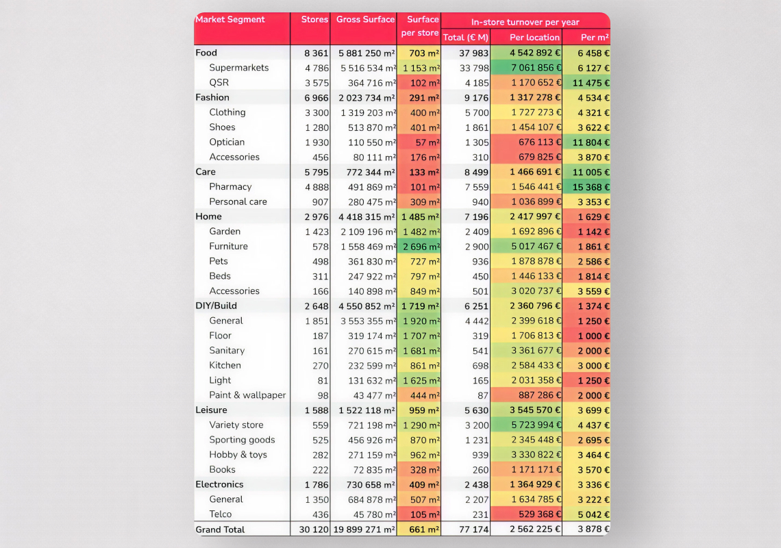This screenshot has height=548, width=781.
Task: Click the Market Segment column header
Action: pyautogui.click(x=230, y=19)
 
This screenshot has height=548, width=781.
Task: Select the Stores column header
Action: pyautogui.click(x=314, y=19)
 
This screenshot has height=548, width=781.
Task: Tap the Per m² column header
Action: pyautogui.click(x=595, y=38)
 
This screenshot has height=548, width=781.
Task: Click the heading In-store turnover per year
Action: pyautogui.click(x=525, y=22)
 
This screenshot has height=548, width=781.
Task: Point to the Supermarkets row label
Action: pyautogui.click(x=239, y=68)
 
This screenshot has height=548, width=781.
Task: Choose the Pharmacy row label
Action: pyautogui.click(x=230, y=187)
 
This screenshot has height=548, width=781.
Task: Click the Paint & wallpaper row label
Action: pyautogui.click(x=247, y=395)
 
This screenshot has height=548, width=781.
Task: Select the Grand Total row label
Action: pyautogui.click(x=220, y=530)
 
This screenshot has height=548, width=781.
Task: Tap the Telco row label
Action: pyautogui.click(x=221, y=514)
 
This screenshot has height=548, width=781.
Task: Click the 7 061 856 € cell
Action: pyautogui.click(x=526, y=68)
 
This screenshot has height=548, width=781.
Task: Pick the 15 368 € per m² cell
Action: pyautogui.click(x=587, y=187)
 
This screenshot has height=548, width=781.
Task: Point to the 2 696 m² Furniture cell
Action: pyautogui.click(x=419, y=247)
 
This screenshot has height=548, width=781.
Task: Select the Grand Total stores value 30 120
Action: pyautogui.click(x=314, y=530)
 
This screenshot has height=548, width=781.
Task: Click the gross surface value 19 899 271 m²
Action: pyautogui.click(x=364, y=530)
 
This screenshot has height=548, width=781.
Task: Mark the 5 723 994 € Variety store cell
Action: pyautogui.click(x=526, y=425)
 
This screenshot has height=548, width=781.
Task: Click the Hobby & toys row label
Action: pyautogui.click(x=238, y=455)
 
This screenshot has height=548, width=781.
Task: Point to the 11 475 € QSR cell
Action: pyautogui.click(x=587, y=83)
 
